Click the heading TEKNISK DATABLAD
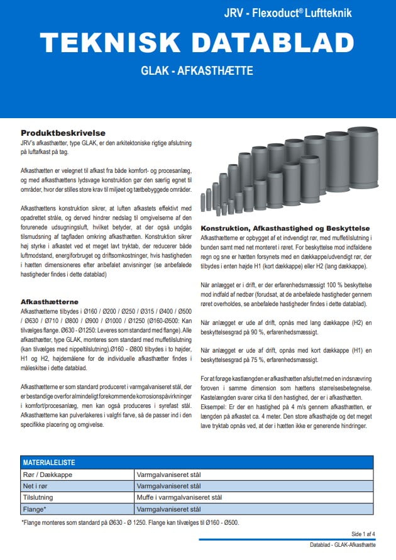coord(197,43)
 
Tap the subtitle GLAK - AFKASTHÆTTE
coord(197,71)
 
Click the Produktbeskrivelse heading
coord(62,133)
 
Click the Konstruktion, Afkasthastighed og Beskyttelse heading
coord(285,228)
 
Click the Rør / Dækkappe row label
coord(48,475)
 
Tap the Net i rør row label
coord(38,486)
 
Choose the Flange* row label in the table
coord(35,508)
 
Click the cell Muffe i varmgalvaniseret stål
coord(179,497)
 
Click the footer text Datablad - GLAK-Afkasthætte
coord(343,544)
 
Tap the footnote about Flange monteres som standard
coord(129,522)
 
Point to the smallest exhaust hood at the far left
coord(202,202)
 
